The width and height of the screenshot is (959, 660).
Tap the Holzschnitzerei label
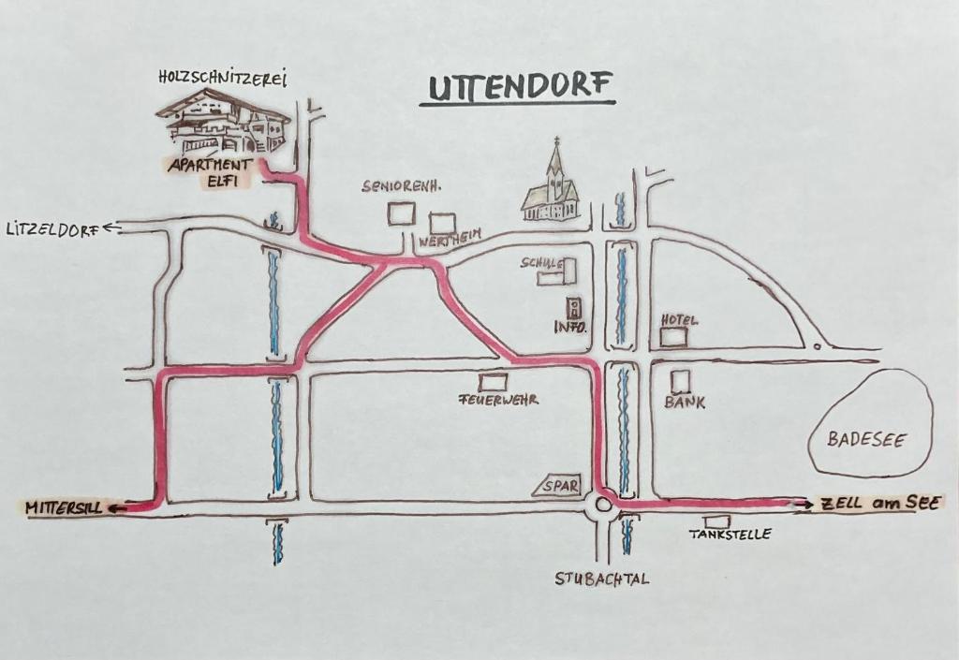click(223, 79)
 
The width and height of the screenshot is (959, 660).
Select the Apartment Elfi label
click(210, 173)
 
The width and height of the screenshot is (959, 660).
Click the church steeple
click(555, 169)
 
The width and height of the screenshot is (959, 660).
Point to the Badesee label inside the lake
click(866, 439)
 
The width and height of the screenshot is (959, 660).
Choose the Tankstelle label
click(730, 535)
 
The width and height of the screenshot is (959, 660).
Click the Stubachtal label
click(602, 579)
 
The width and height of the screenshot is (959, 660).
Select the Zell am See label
click(879, 504)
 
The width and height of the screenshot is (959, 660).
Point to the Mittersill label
click(63, 507)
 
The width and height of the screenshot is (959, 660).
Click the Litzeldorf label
click(53, 229)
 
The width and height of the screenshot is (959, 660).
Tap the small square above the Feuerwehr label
click(493, 383)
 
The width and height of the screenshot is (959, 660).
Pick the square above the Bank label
click(680, 381)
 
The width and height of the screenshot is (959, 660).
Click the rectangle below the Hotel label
click(672, 337)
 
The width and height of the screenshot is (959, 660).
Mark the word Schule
click(540, 263)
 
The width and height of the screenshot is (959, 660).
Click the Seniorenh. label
click(401, 186)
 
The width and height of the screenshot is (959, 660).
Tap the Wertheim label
click(450, 239)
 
